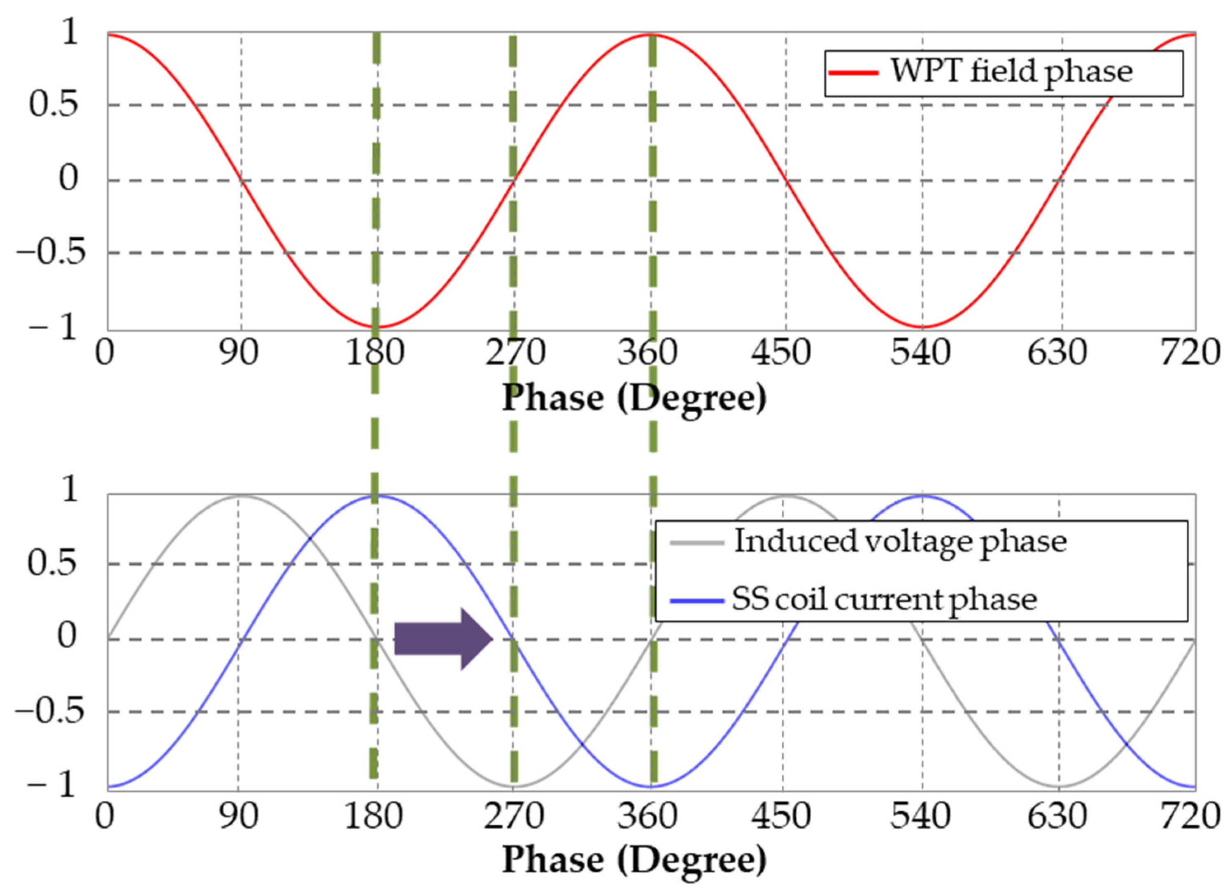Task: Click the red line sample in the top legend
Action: coord(852,73)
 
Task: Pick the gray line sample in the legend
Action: coord(696,542)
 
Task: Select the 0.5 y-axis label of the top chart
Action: coord(53,104)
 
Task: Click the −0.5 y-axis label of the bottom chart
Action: coord(50,711)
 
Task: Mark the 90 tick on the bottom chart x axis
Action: coord(238,817)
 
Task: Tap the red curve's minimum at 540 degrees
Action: coord(922,327)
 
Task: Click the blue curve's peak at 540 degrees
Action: coord(922,496)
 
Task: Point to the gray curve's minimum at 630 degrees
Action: coord(1058,786)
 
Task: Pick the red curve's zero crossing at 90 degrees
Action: coord(242,180)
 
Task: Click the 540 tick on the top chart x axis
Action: coord(920,353)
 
